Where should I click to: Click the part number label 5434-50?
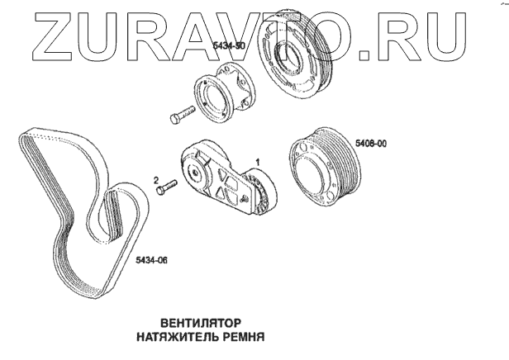click(x=229, y=46)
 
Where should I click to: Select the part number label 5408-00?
click(x=371, y=144)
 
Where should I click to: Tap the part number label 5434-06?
click(x=151, y=260)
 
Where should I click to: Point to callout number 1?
click(x=258, y=162)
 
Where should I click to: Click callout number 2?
click(x=156, y=179)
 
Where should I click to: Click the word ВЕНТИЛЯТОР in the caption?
click(x=201, y=323)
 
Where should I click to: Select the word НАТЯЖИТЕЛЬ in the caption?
click(x=174, y=337)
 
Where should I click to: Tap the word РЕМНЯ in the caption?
click(x=240, y=337)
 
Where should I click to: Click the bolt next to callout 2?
click(x=166, y=187)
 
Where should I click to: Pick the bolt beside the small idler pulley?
click(x=182, y=114)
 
